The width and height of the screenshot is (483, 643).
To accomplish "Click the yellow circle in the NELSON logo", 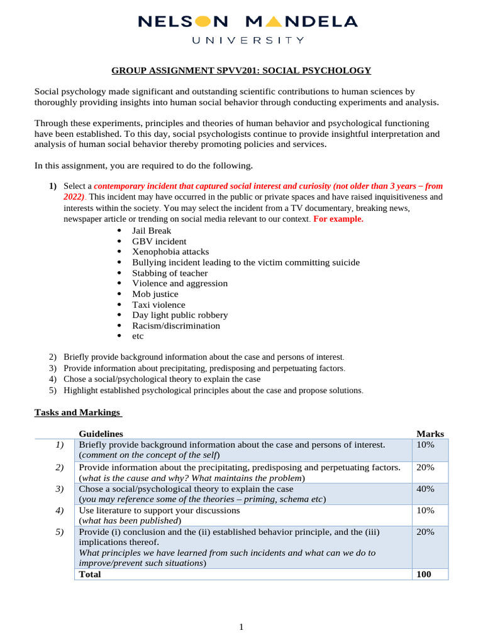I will point(203,22).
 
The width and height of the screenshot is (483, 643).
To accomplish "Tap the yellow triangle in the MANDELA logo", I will point(274,22).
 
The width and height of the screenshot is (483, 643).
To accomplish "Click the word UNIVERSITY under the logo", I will point(247,40).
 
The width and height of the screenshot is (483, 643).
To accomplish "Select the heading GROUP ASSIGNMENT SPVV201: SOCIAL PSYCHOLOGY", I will point(241,70).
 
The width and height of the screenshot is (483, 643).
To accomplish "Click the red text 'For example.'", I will point(338,219).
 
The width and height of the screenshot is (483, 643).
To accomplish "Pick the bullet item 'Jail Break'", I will point(151,230).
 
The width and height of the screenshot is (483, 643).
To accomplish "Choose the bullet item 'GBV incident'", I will point(159,241).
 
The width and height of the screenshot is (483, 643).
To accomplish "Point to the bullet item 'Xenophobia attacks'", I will point(170,252).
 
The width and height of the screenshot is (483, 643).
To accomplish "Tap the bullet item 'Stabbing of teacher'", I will point(170,273).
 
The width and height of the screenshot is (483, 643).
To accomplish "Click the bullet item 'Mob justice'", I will point(155,294).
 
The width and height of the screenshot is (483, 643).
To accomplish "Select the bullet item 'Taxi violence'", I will point(158,305).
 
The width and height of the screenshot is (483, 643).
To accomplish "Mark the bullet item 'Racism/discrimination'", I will point(176,326).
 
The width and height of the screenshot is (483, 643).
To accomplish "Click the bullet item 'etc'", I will point(138,336).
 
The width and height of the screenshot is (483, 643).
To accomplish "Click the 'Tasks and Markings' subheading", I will point(77,413).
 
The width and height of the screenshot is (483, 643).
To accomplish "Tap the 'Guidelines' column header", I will point(101,434).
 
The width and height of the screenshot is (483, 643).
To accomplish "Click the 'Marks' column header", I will point(430,434).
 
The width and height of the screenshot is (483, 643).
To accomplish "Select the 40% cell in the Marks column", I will point(425,489).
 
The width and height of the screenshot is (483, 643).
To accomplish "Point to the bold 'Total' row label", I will point(89,574).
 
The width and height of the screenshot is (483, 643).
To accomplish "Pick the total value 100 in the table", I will point(424,574).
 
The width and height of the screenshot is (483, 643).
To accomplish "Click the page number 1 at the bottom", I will point(241,626).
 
